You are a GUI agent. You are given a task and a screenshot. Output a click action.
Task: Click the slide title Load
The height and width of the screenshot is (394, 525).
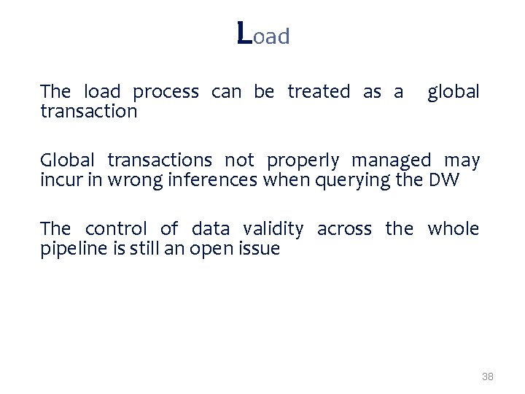click(263, 34)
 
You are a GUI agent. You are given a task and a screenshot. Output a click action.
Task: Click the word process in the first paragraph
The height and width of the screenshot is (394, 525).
click(166, 93)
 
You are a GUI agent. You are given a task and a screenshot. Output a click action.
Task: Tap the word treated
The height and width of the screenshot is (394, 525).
click(319, 92)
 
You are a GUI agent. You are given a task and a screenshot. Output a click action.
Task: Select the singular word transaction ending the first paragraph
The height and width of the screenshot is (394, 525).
click(89, 112)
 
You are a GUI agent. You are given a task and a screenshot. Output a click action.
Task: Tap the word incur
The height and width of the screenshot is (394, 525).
click(56, 179)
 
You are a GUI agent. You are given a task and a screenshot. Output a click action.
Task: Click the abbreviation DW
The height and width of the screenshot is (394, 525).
click(445, 179)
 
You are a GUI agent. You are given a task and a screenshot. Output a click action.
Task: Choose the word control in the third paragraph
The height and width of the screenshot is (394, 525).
click(117, 228)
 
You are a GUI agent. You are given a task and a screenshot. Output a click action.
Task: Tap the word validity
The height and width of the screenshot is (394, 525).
click(273, 229)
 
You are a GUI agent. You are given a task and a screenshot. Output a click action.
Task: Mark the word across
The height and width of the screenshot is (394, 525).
click(343, 229)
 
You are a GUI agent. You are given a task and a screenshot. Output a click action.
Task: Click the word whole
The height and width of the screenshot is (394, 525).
click(454, 228)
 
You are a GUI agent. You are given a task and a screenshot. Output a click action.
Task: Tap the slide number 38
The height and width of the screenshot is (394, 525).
click(488, 376)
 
